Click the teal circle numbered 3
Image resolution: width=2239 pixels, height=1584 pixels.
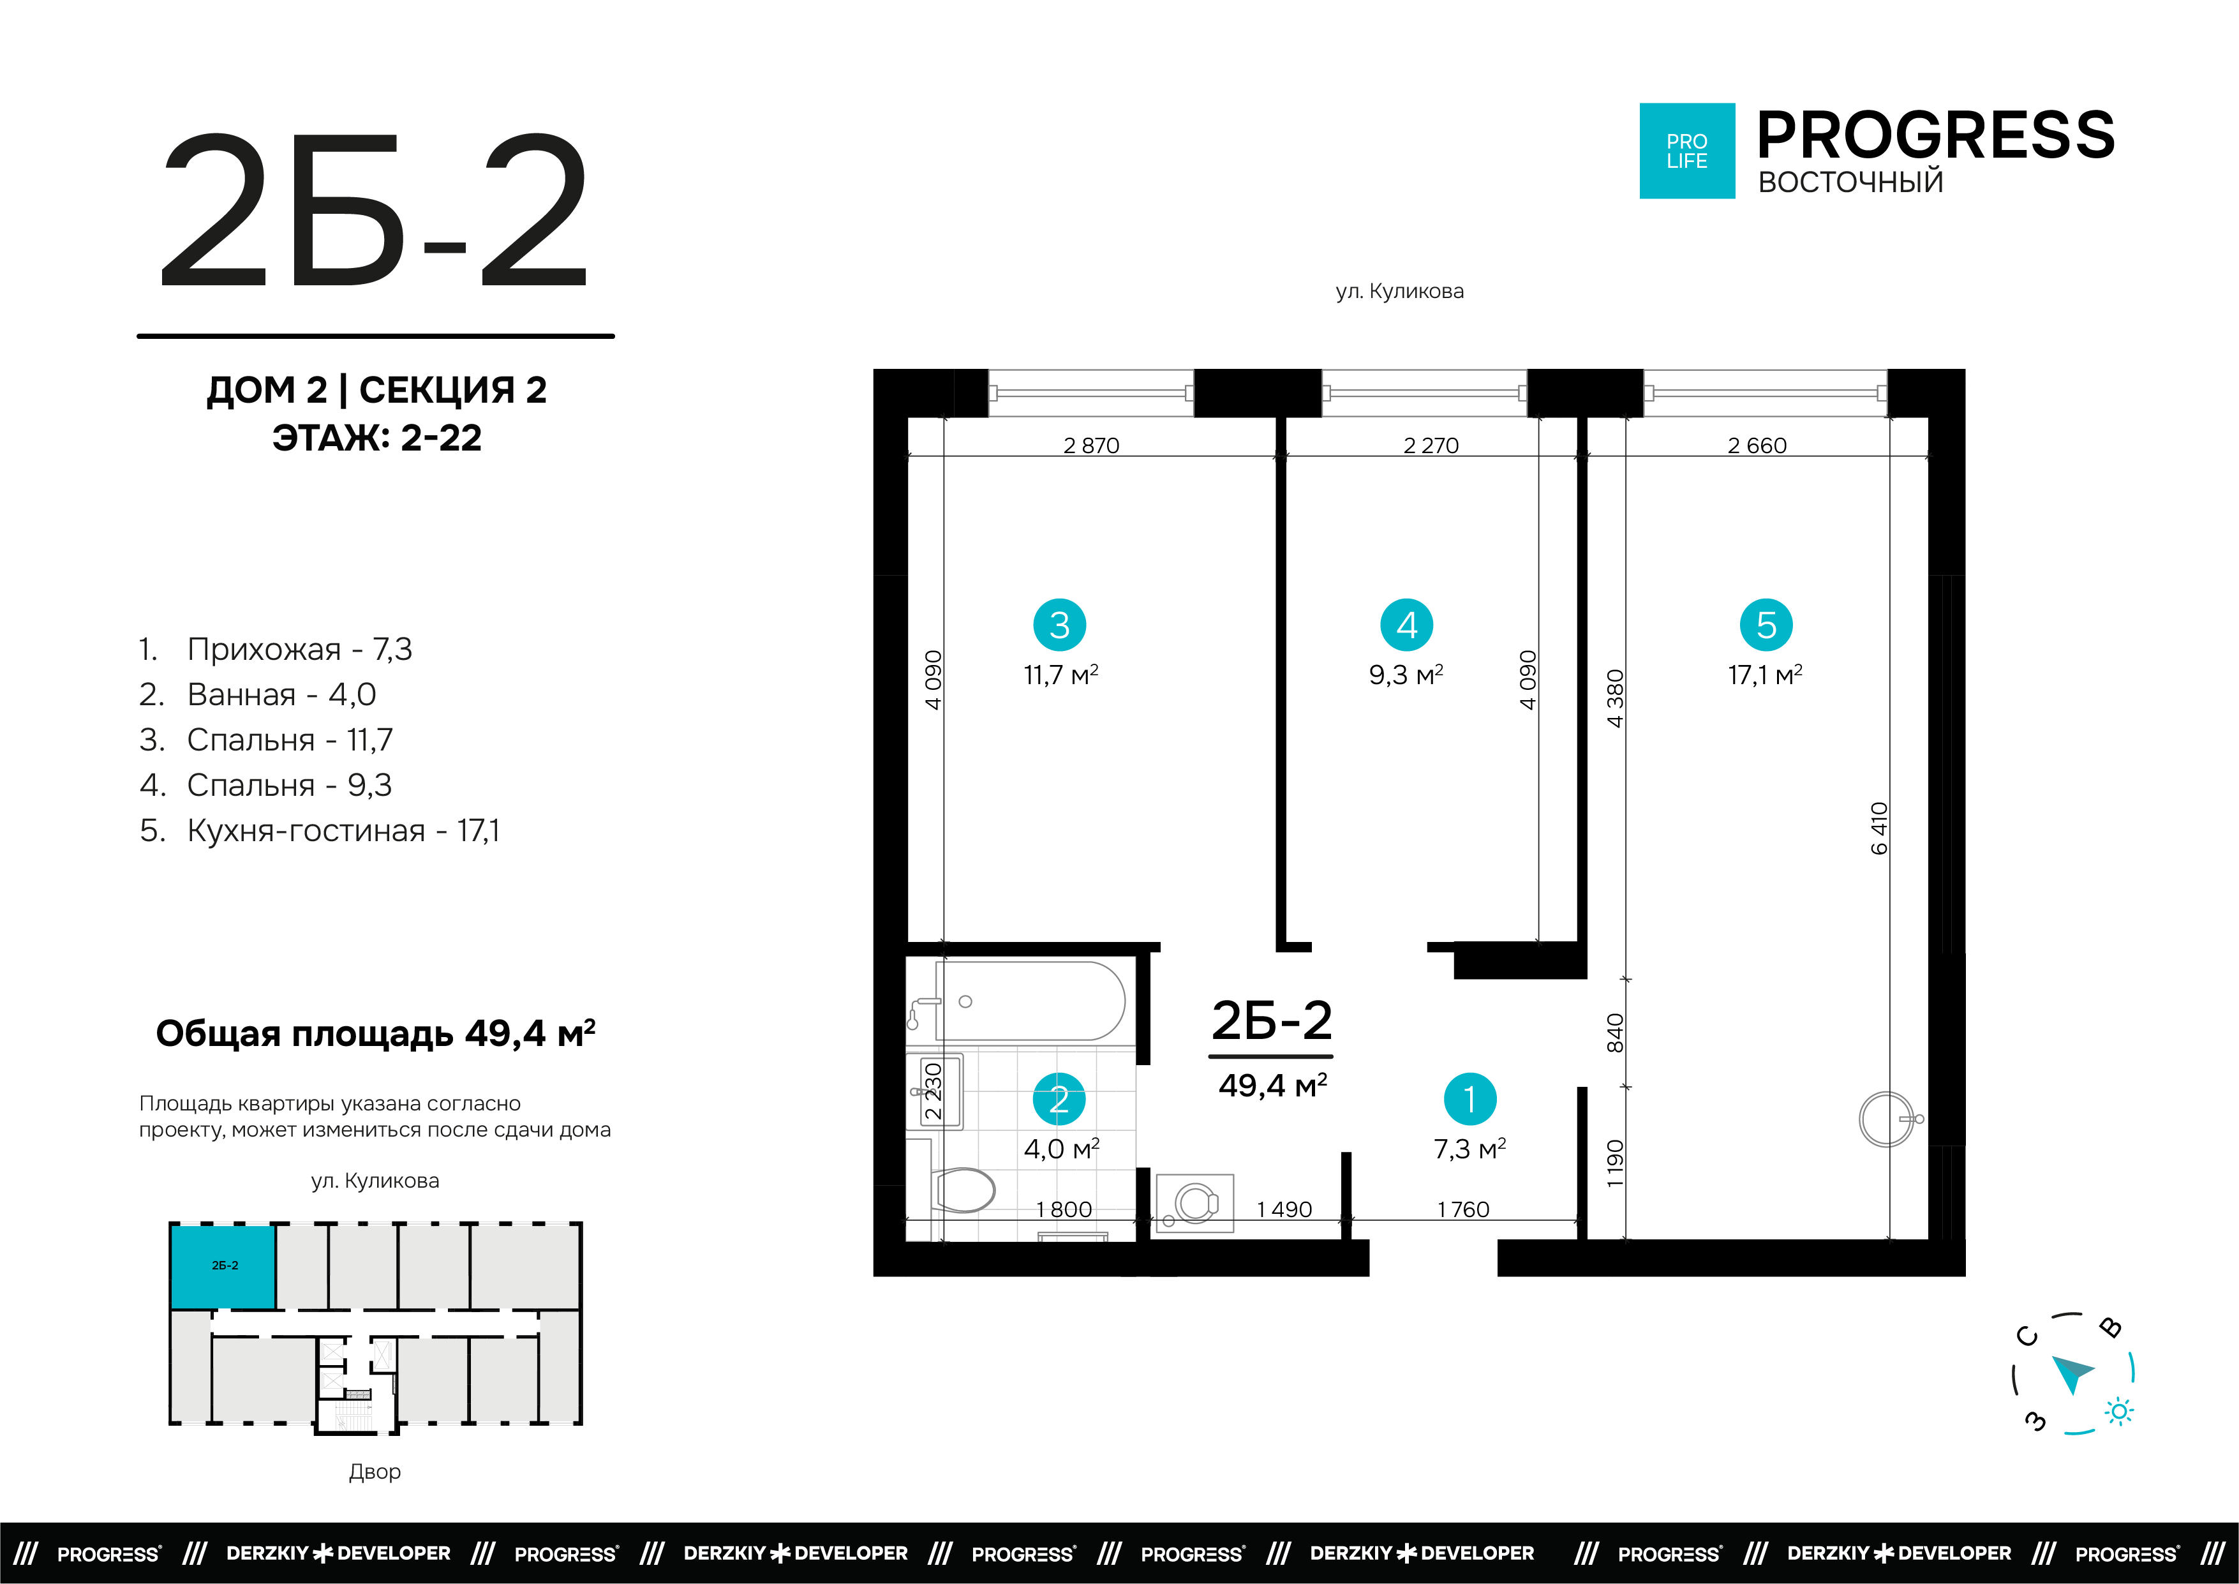pos(1059,624)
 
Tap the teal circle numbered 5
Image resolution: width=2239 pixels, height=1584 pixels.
pos(1766,624)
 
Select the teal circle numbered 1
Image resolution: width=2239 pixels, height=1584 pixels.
pos(1469,1099)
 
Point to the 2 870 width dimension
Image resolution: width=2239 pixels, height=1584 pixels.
pos(1091,445)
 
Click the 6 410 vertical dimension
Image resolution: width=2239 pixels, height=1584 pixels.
pos(1879,828)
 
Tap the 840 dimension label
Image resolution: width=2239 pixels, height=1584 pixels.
pos(1615,1033)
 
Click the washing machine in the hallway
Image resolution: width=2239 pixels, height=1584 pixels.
pos(1194,1202)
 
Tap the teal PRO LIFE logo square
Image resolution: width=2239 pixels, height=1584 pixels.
pos(1687,151)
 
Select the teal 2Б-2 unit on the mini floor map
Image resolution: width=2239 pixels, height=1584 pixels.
pos(223,1266)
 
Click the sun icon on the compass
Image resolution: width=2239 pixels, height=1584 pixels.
pos(2119,1411)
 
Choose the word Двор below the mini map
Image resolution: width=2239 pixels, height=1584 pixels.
pos(375,1472)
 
